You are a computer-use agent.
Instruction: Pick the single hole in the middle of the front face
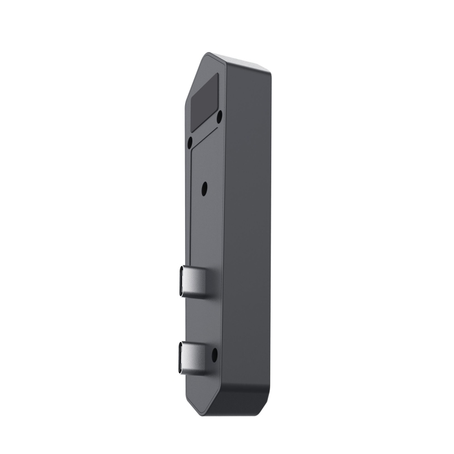point(205,185)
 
